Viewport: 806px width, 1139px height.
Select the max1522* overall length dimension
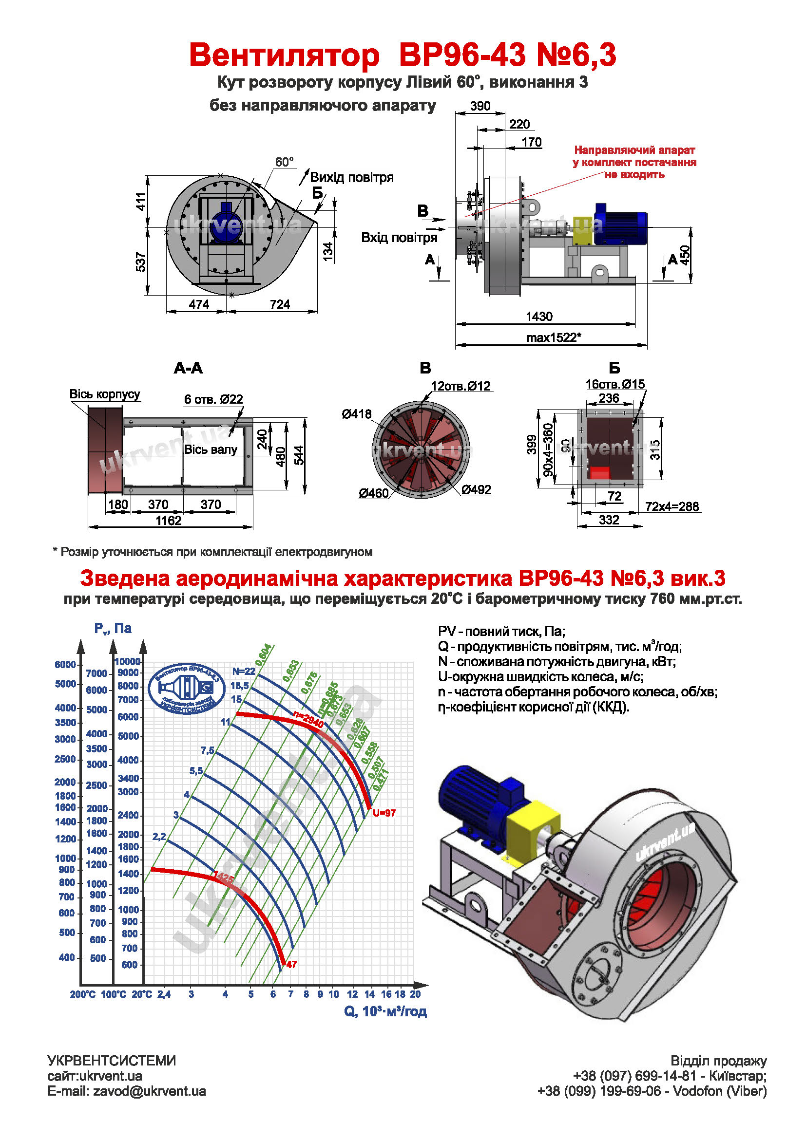(553, 338)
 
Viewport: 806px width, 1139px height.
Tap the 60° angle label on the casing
(284, 162)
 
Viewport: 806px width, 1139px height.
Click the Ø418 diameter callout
(356, 414)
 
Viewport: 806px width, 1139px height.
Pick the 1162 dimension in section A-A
(168, 521)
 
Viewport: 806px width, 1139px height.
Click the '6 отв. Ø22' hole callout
(213, 399)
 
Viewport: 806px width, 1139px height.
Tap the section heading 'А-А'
(188, 368)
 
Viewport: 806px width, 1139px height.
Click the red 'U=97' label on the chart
(384, 813)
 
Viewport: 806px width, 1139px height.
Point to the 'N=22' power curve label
(243, 671)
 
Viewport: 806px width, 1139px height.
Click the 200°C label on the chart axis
(82, 995)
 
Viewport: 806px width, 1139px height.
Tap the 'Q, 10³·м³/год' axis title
(385, 1012)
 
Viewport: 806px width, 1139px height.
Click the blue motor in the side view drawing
(620, 224)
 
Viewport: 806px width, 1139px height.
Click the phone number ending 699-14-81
(634, 1076)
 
